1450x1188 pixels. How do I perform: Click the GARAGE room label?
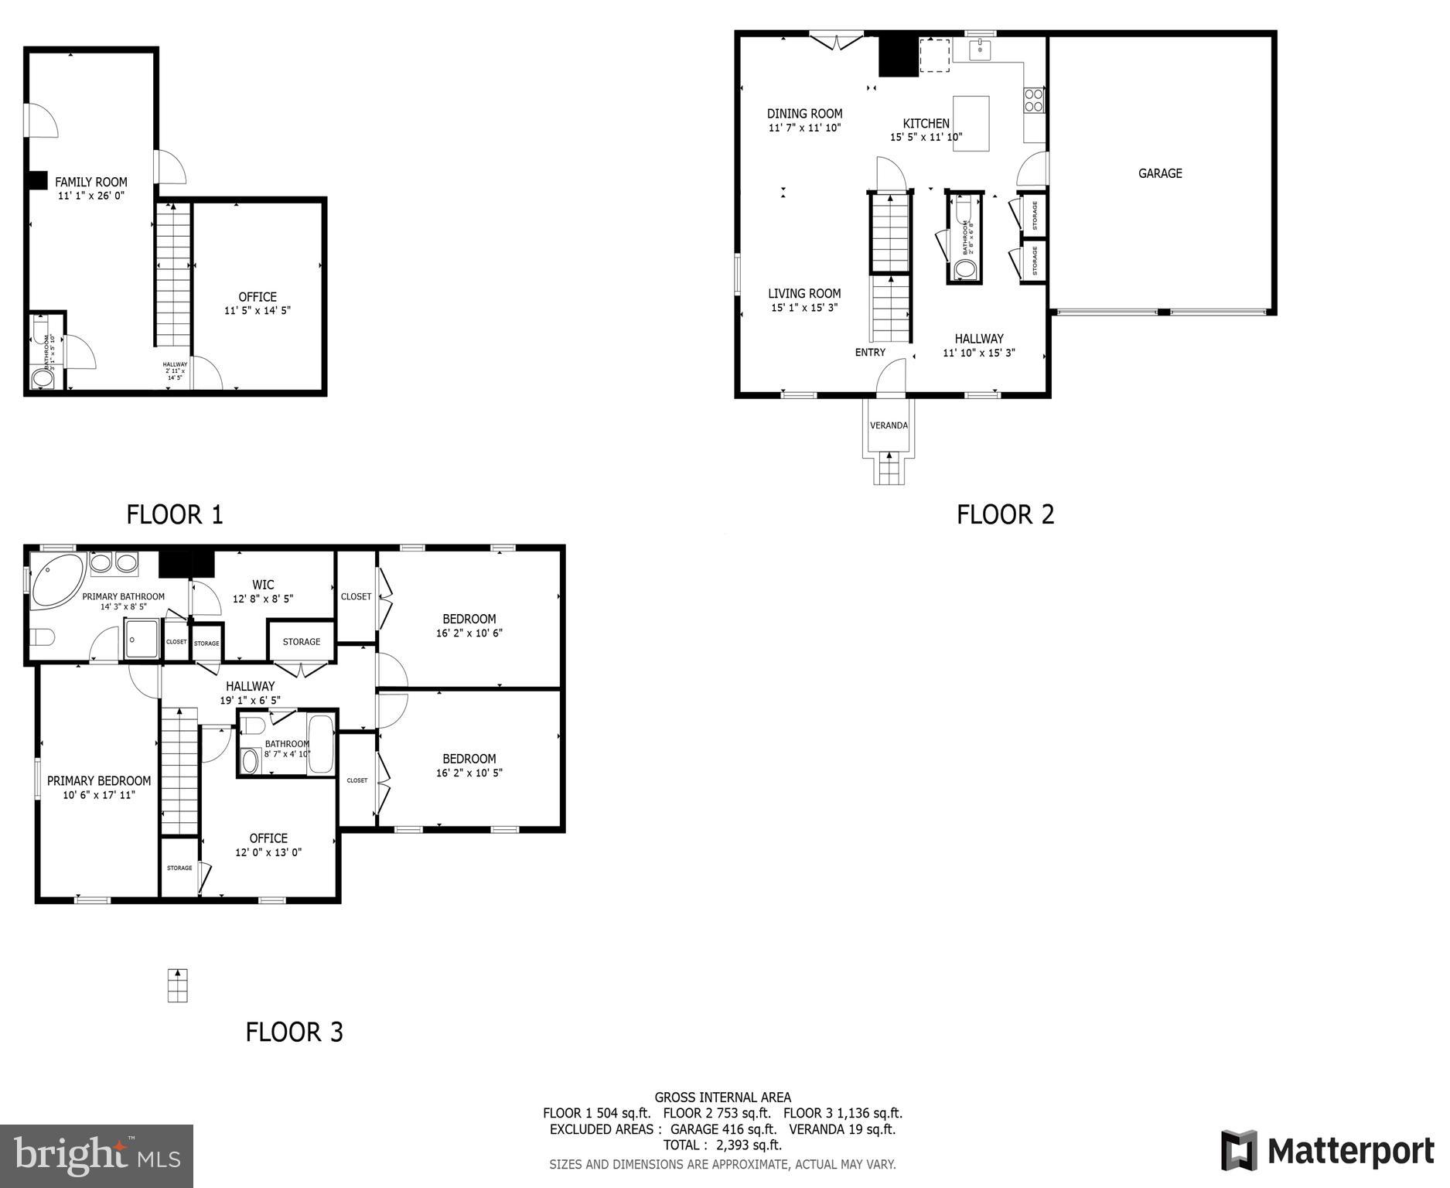1159,173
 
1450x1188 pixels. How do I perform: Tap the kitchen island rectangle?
971,123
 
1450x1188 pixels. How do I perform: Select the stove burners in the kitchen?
1033,101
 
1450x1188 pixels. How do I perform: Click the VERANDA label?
889,425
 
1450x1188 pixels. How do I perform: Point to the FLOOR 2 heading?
1005,514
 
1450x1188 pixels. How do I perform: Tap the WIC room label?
263,585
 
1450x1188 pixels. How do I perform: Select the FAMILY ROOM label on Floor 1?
91,183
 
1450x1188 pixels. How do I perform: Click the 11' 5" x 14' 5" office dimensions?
258,311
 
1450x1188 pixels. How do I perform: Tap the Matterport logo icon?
1239,1150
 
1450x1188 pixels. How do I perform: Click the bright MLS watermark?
97,1156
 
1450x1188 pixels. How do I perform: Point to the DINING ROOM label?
804,114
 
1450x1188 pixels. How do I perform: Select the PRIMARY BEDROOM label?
99,781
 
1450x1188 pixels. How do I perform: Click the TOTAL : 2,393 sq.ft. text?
722,1145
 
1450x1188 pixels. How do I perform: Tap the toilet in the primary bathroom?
43,638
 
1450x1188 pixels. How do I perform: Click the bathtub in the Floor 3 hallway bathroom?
320,744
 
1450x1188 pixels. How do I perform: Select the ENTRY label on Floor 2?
870,353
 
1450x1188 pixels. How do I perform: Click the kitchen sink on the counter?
980,50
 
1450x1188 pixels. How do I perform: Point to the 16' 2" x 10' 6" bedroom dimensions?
469,633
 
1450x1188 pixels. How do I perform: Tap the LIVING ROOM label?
804,294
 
